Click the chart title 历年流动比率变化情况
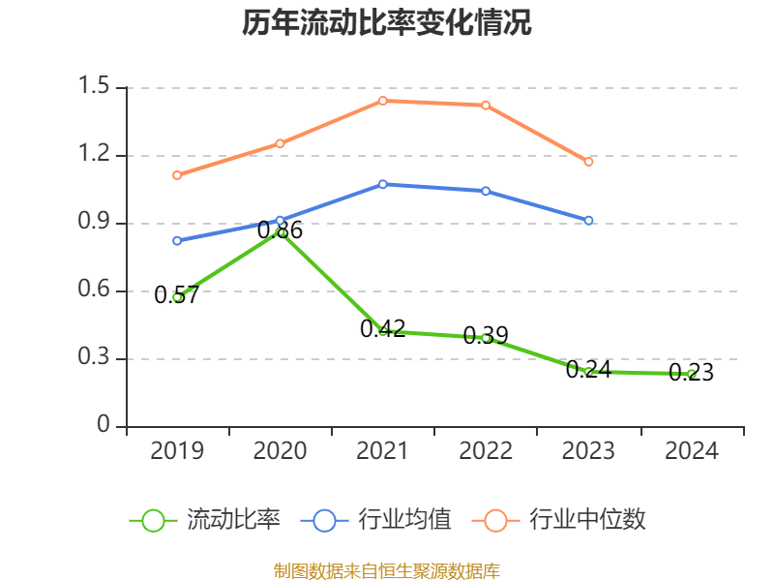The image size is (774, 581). coord(386,23)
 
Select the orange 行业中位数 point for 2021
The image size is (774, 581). coord(383,101)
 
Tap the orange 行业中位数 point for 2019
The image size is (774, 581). coord(177,175)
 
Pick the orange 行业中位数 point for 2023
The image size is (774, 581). coord(588,162)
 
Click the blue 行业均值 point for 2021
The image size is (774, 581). coord(383,184)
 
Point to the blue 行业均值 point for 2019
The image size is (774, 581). coord(177,240)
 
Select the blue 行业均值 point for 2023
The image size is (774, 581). coord(588,221)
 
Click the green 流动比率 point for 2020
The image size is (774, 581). coord(281,232)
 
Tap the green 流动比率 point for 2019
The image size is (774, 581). coord(177,297)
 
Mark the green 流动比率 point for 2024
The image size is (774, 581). coord(691,374)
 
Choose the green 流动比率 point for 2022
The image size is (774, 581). coord(486,338)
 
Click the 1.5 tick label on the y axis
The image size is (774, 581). coord(97,88)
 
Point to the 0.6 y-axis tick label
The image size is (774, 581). coord(97,291)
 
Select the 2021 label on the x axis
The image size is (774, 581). coord(383,451)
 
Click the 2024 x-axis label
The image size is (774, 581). coord(691,451)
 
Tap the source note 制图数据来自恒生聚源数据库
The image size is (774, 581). coord(386,570)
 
